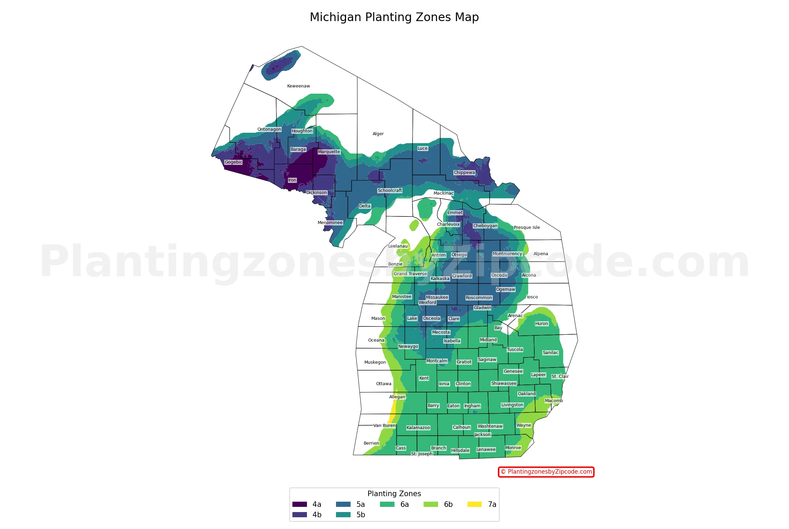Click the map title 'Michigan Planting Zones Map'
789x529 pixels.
point(394,17)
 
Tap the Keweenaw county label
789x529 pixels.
point(298,86)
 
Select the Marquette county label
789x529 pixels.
point(329,152)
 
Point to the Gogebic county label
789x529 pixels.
point(234,162)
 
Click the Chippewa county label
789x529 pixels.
point(464,173)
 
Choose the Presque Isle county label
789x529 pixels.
point(526,228)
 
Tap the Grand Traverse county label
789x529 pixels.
point(410,274)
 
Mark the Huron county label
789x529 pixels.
point(541,324)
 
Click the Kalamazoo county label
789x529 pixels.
point(418,428)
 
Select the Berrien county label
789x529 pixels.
point(371,443)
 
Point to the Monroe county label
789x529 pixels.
point(513,448)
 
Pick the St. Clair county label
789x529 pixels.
point(560,377)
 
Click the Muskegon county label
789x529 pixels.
point(375,362)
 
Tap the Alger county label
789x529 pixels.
point(378,134)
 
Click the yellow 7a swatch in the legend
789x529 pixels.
point(474,504)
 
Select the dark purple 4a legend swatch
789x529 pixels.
point(299,504)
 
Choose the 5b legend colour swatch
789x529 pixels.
point(343,515)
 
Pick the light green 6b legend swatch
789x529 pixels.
point(430,504)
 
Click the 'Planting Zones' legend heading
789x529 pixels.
point(394,494)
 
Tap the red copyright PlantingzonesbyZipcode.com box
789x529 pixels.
point(546,472)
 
